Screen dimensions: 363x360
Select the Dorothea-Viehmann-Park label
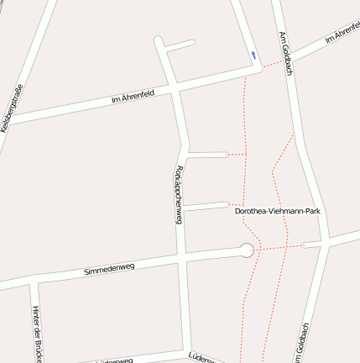pos(278,212)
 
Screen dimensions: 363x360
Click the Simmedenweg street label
pos(109,269)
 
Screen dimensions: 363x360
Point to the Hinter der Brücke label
pos(36,333)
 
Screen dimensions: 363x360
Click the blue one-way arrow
pos(253,55)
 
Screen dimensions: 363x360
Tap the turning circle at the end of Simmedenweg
pos(247,250)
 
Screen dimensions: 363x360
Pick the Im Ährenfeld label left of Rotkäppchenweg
pos(133,100)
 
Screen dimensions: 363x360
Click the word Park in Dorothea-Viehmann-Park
pos(312,212)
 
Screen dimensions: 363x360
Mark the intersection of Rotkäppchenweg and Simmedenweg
pos(180,257)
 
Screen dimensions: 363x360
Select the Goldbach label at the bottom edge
pos(302,345)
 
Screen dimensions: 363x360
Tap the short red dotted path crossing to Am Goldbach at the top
pos(274,63)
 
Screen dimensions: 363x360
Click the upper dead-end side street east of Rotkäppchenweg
pos(206,155)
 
